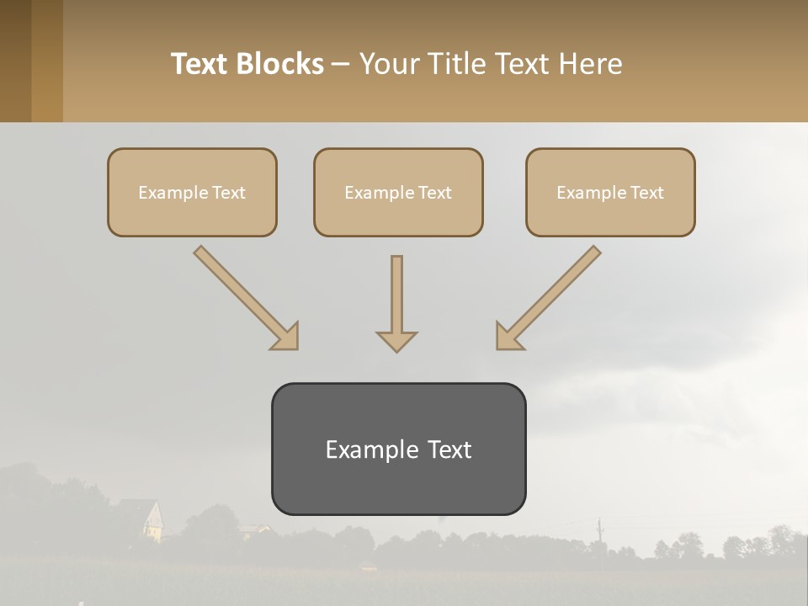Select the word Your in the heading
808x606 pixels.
coord(389,64)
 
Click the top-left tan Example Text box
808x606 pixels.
coord(192,192)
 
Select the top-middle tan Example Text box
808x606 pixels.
coord(398,192)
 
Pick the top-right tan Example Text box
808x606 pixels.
coord(610,192)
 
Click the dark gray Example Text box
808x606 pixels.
coord(398,449)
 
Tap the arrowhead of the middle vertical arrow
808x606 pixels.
coord(396,340)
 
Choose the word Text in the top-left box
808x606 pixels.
coord(228,193)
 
